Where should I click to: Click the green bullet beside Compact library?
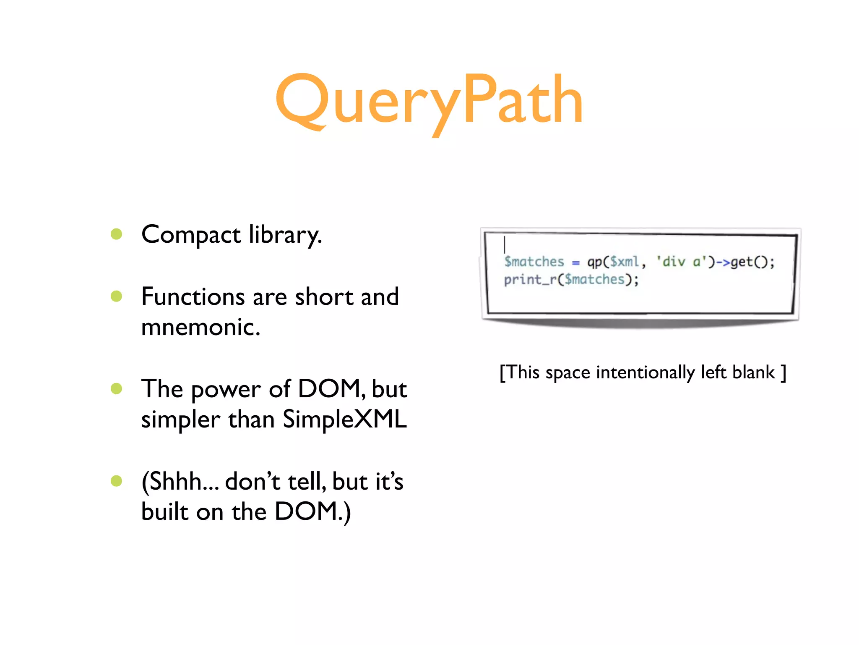click(116, 234)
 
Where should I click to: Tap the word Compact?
click(191, 235)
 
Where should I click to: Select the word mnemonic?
click(200, 327)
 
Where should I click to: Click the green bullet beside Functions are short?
click(116, 296)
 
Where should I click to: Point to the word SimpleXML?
click(344, 419)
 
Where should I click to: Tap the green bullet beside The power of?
click(116, 388)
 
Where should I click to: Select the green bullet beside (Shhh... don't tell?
click(116, 481)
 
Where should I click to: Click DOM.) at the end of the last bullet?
click(312, 511)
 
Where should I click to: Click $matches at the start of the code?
click(534, 262)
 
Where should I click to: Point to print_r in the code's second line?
click(529, 280)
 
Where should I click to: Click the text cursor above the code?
click(505, 244)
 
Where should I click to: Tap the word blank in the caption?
click(753, 372)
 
